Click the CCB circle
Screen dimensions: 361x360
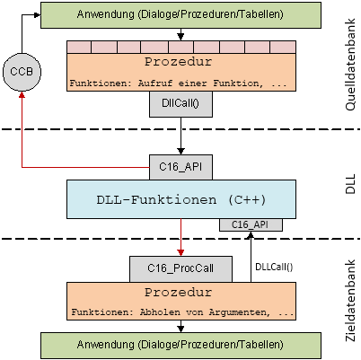pyautogui.click(x=22, y=72)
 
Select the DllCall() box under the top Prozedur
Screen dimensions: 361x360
pyautogui.click(x=180, y=104)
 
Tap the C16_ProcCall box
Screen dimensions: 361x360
pyautogui.click(x=180, y=268)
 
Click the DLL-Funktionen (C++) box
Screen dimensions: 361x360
pyautogui.click(x=181, y=199)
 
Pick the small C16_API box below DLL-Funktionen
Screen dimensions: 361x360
pyautogui.click(x=251, y=224)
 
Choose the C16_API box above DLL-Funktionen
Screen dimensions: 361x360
pyautogui.click(x=180, y=167)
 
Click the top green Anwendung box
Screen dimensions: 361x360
pyautogui.click(x=180, y=15)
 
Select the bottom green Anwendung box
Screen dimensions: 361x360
pyautogui.click(x=180, y=346)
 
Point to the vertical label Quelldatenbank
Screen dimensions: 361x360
pyautogui.click(x=350, y=65)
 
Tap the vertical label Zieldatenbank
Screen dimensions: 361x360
pyautogui.click(x=350, y=301)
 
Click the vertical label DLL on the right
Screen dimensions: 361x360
pyautogui.click(x=350, y=184)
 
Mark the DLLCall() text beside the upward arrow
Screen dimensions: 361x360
pyautogui.click(x=274, y=267)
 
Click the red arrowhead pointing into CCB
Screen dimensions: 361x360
pyautogui.click(x=22, y=94)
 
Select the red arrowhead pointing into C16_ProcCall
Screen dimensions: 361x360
pyautogui.click(x=180, y=252)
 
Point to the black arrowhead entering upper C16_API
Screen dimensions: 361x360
pyautogui.click(x=180, y=151)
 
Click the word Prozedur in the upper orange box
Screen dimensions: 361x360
pyautogui.click(x=179, y=62)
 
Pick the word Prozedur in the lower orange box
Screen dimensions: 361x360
pyautogui.click(x=179, y=292)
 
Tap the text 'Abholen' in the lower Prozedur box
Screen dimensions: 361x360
pyautogui.click(x=160, y=312)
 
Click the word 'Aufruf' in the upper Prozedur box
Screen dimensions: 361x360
pyautogui.click(x=155, y=83)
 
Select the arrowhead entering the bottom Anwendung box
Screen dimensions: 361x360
pyautogui.click(x=180, y=329)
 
